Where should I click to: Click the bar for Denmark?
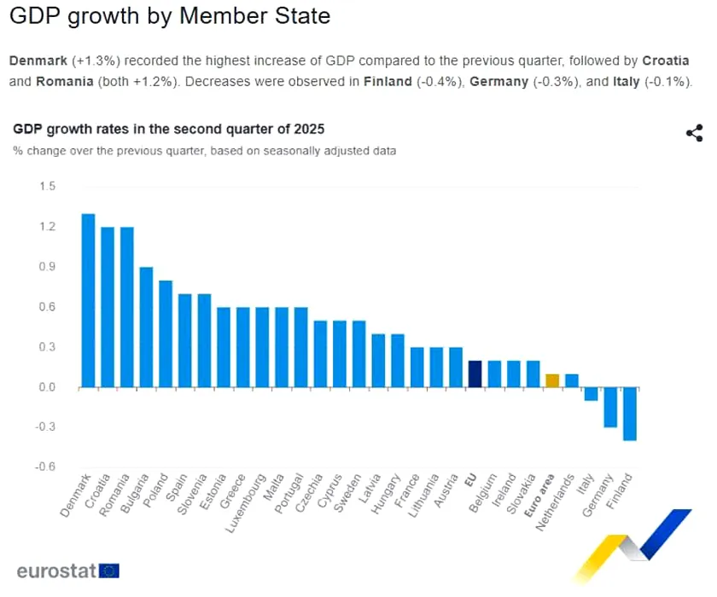coord(88,300)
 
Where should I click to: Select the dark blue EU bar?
coord(475,374)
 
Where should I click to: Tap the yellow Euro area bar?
coord(552,380)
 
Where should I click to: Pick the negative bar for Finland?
coord(630,414)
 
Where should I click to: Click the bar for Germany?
coord(610,407)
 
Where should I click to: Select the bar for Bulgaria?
coord(146,327)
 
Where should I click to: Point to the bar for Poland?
coord(166,333)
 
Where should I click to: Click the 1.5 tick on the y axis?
coord(47,187)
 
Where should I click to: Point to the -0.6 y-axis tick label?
coord(45,467)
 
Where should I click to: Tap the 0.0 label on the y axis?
coord(47,387)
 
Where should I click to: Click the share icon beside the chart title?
coord(694,133)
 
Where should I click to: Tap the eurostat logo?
coord(67,570)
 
